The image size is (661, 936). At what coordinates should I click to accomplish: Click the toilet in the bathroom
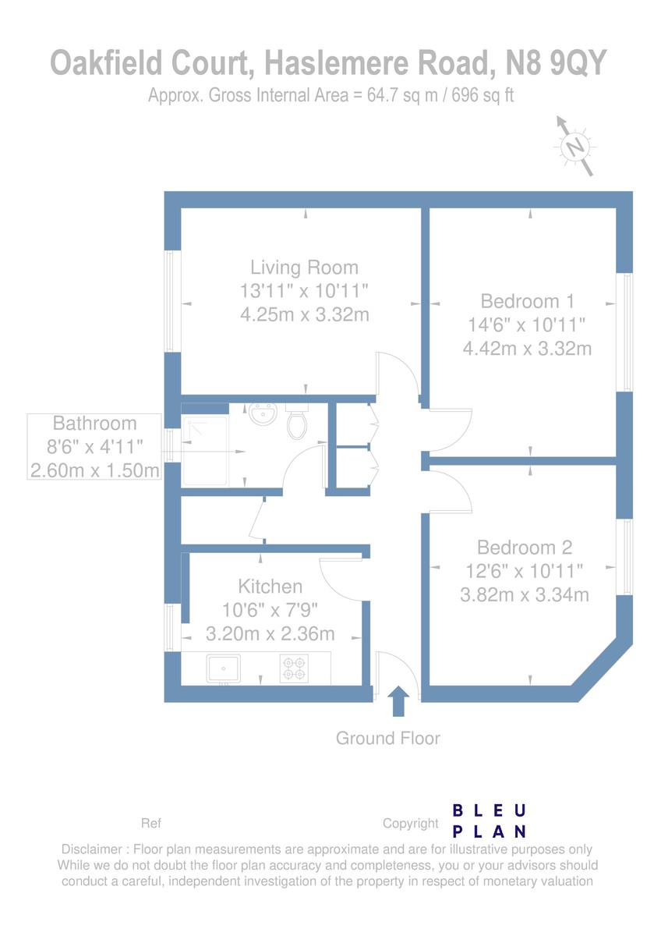pos(297,420)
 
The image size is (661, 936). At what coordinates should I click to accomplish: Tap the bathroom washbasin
pos(263,413)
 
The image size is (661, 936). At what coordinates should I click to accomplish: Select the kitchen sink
pos(224,668)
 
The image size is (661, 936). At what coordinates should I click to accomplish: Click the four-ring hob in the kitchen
pos(294,668)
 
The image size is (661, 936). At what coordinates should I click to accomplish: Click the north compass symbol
pos(575,147)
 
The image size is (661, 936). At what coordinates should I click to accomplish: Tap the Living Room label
pos(305,268)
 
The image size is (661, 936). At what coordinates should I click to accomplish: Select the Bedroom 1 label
pos(528,301)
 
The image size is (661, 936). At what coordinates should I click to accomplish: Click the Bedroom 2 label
pos(525,548)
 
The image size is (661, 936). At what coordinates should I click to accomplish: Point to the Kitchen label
pos(270,587)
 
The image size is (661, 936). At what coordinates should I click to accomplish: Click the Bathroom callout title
pos(95,424)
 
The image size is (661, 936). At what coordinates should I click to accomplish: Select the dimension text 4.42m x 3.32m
pos(528,349)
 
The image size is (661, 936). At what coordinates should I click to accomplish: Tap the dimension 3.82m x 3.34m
pos(525,594)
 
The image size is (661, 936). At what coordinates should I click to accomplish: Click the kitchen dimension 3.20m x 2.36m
pos(270,634)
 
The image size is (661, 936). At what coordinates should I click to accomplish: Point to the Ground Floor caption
pos(388,739)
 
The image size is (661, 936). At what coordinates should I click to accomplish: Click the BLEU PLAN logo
pos(489,821)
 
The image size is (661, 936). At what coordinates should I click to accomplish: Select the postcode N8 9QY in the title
pos(557,62)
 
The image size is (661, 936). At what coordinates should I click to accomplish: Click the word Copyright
pos(411,823)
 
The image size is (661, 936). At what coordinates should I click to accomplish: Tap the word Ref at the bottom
pos(150,823)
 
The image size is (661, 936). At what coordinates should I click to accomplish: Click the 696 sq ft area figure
pos(482,95)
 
